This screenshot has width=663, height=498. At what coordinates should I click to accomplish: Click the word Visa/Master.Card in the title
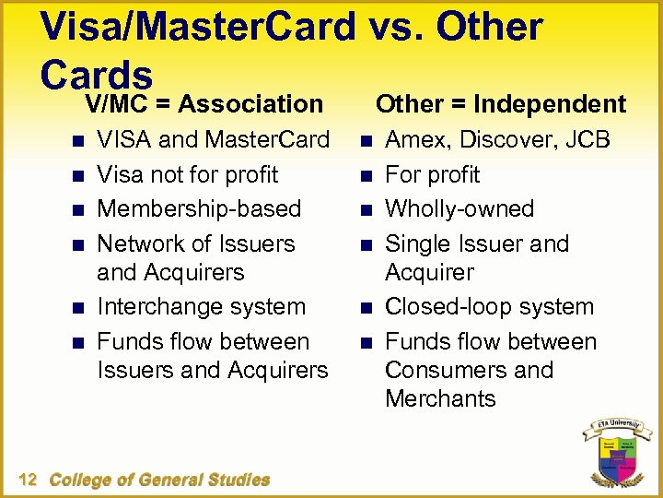click(198, 28)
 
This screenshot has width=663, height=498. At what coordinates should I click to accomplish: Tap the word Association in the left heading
click(250, 104)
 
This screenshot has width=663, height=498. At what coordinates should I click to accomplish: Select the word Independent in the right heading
click(550, 104)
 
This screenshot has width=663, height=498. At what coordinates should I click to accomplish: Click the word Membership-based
click(199, 209)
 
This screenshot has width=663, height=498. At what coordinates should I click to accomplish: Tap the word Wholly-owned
click(459, 209)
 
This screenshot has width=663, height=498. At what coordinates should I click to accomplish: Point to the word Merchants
click(440, 398)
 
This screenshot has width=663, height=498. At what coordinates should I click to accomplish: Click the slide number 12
click(27, 479)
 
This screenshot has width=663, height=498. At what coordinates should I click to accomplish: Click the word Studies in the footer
click(239, 480)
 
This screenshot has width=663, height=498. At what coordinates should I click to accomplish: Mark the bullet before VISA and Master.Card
click(74, 141)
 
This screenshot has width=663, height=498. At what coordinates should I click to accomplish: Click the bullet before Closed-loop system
click(363, 307)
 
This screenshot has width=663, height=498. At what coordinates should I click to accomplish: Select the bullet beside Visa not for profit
click(74, 175)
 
